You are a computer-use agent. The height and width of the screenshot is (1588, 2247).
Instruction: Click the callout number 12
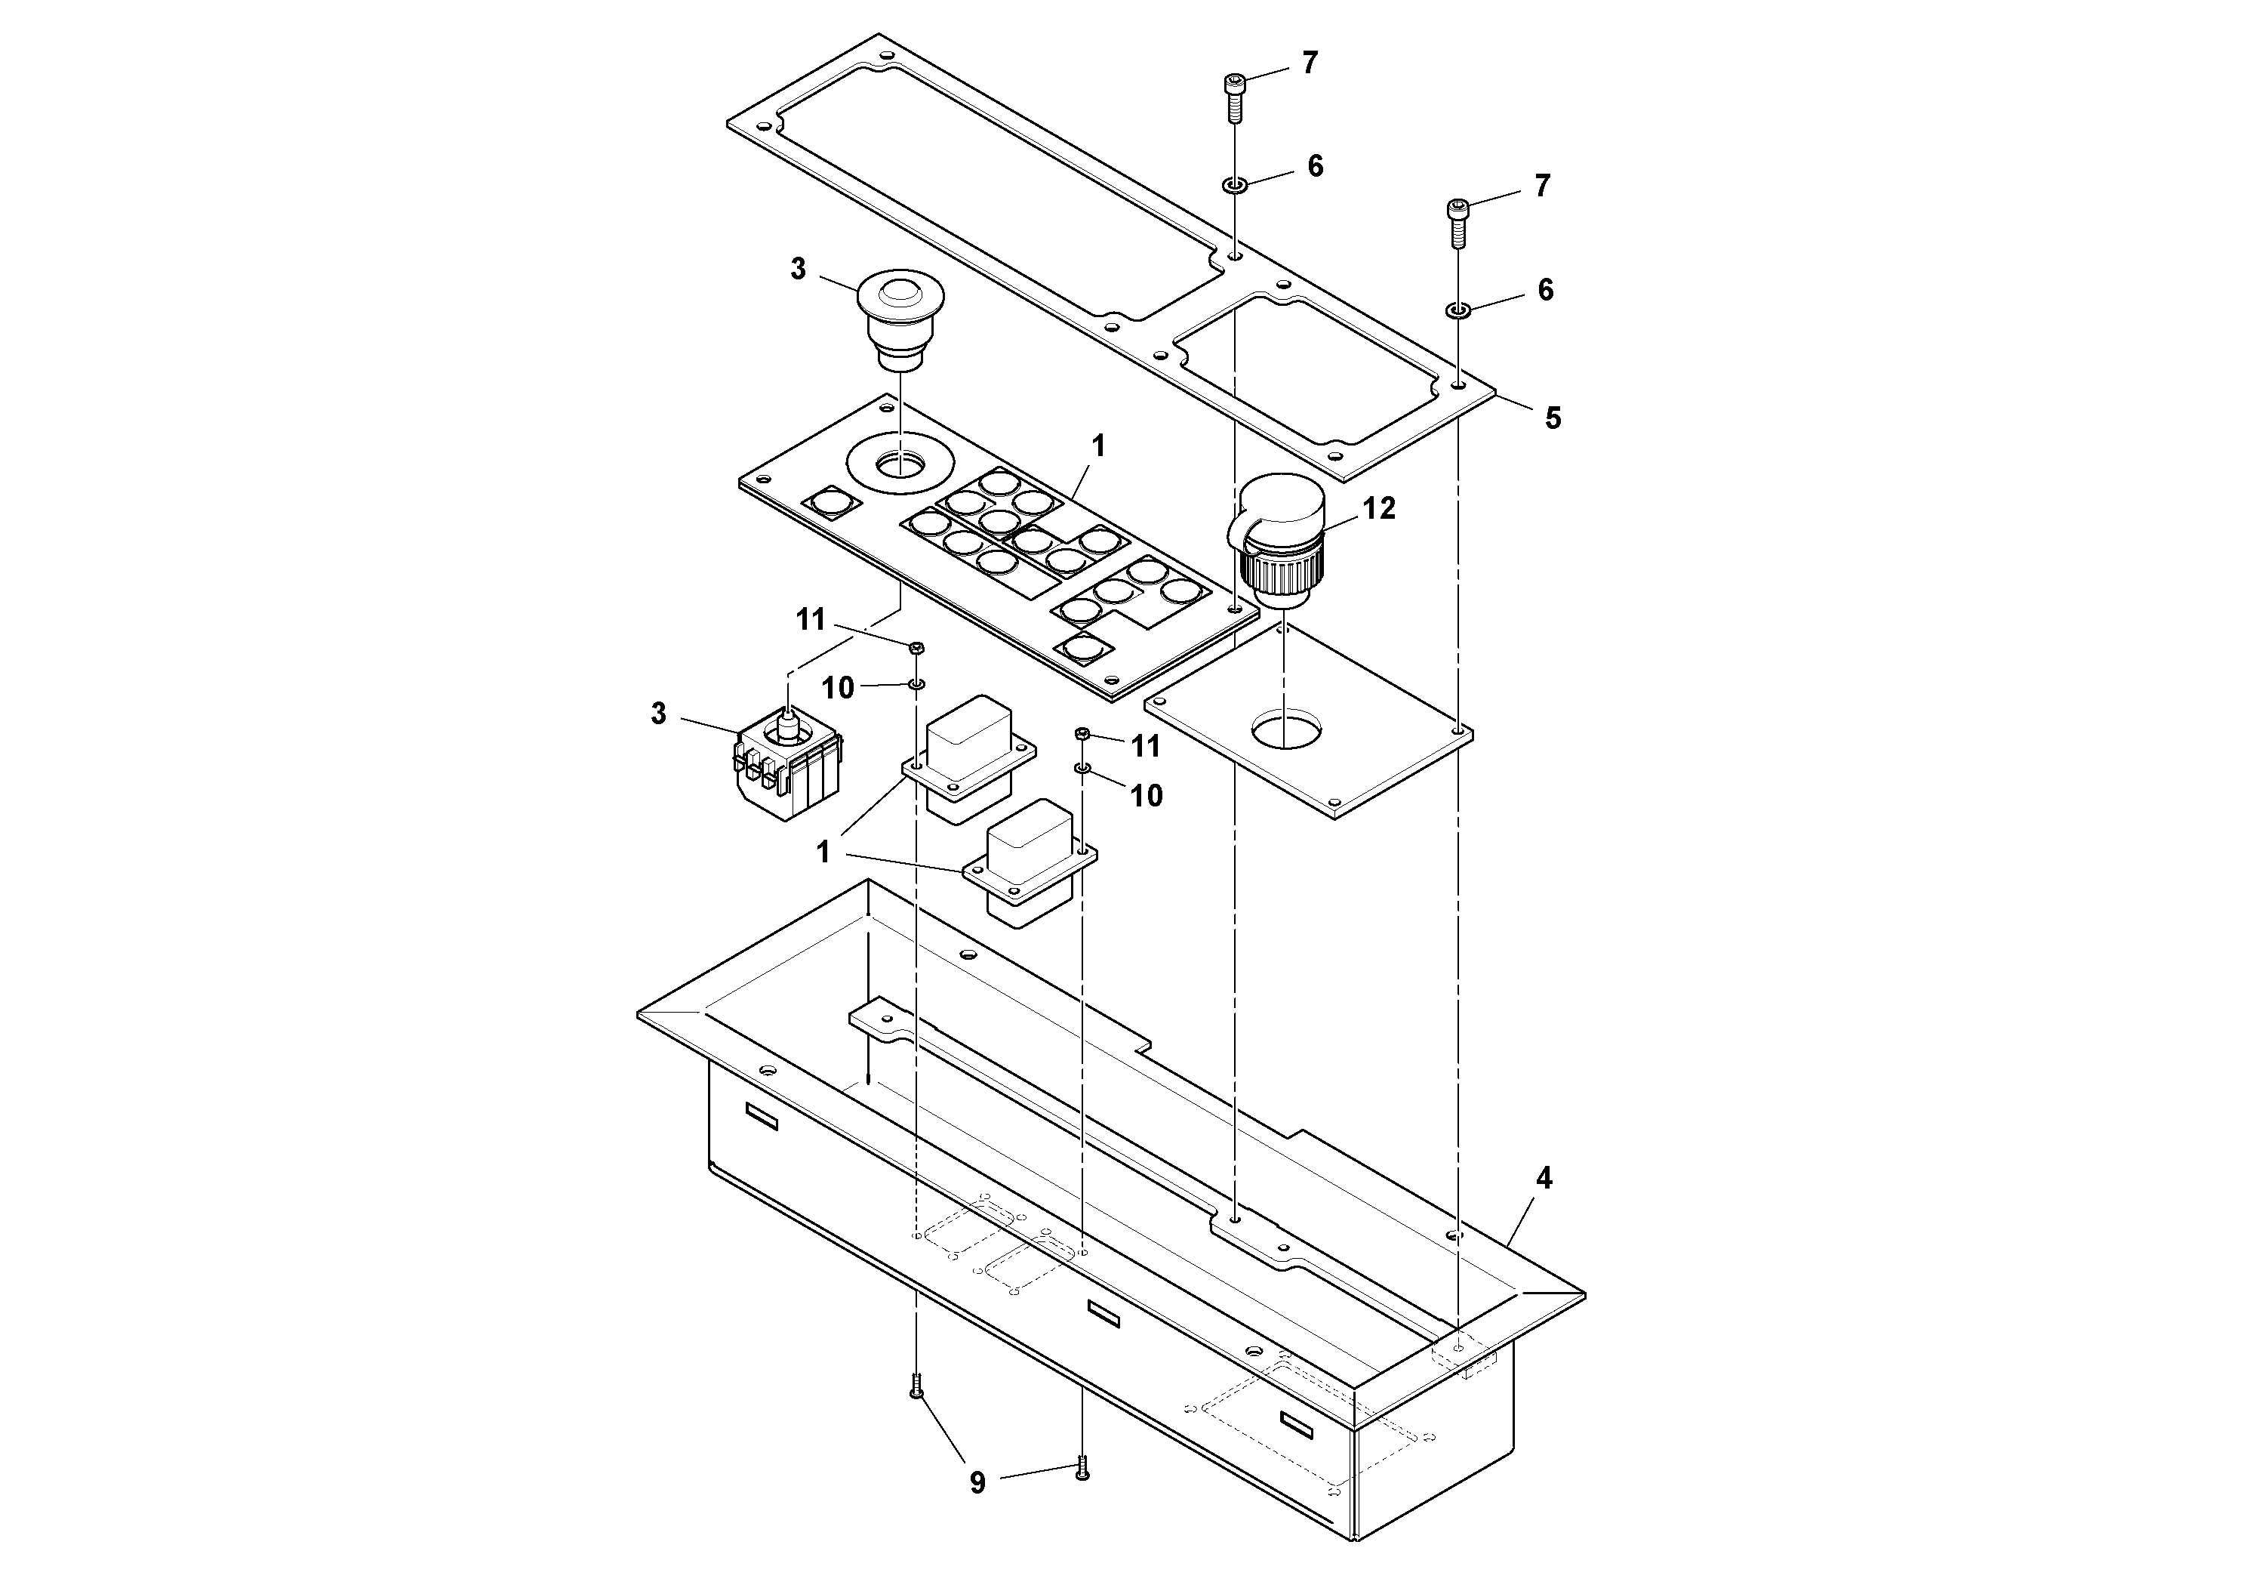point(1378,508)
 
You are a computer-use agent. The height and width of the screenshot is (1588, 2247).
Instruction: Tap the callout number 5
point(1552,419)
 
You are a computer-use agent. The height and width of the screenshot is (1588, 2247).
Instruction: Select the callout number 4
point(1544,1179)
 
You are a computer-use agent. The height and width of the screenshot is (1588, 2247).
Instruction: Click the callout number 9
point(977,1483)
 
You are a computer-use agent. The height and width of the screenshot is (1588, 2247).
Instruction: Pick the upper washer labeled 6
point(1234,184)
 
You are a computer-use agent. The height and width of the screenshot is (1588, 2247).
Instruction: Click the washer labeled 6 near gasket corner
point(1457,310)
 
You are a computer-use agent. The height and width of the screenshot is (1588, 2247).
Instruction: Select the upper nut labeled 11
point(917,648)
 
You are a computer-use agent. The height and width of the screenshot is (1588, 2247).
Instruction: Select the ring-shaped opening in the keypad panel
point(900,460)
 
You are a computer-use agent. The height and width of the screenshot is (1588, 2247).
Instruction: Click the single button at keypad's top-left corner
point(831,503)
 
